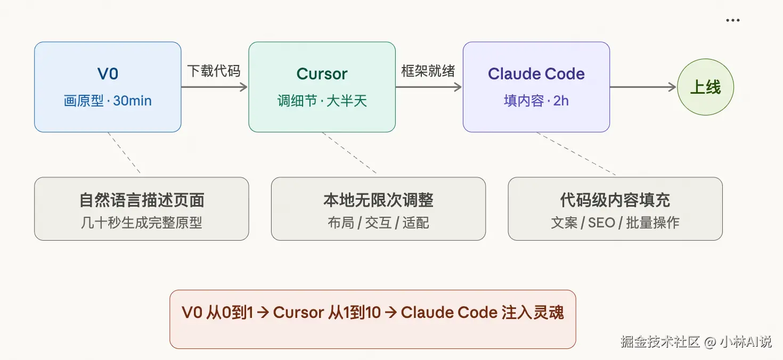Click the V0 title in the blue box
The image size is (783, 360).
[x=108, y=74]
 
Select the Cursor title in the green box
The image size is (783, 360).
[x=322, y=74]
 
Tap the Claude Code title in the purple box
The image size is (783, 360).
[x=536, y=74]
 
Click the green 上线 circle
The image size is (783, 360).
[x=705, y=87]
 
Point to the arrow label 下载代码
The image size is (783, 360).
[x=214, y=71]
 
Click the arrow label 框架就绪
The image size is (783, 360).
[x=428, y=71]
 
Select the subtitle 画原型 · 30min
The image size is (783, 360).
[x=108, y=101]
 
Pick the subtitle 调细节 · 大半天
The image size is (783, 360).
[x=322, y=101]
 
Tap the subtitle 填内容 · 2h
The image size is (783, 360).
[x=536, y=101]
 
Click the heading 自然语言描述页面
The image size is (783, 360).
[x=142, y=200]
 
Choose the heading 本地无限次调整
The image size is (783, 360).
[x=378, y=200]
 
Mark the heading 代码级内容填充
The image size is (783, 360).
[x=615, y=200]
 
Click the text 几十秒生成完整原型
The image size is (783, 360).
[x=142, y=223]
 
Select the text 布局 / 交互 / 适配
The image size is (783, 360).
[x=378, y=223]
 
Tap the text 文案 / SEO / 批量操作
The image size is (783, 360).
[x=615, y=223]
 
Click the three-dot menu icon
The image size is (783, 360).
[x=733, y=21]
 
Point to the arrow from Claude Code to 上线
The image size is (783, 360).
[x=642, y=87]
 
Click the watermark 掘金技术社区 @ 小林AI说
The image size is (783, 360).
[x=696, y=341]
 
